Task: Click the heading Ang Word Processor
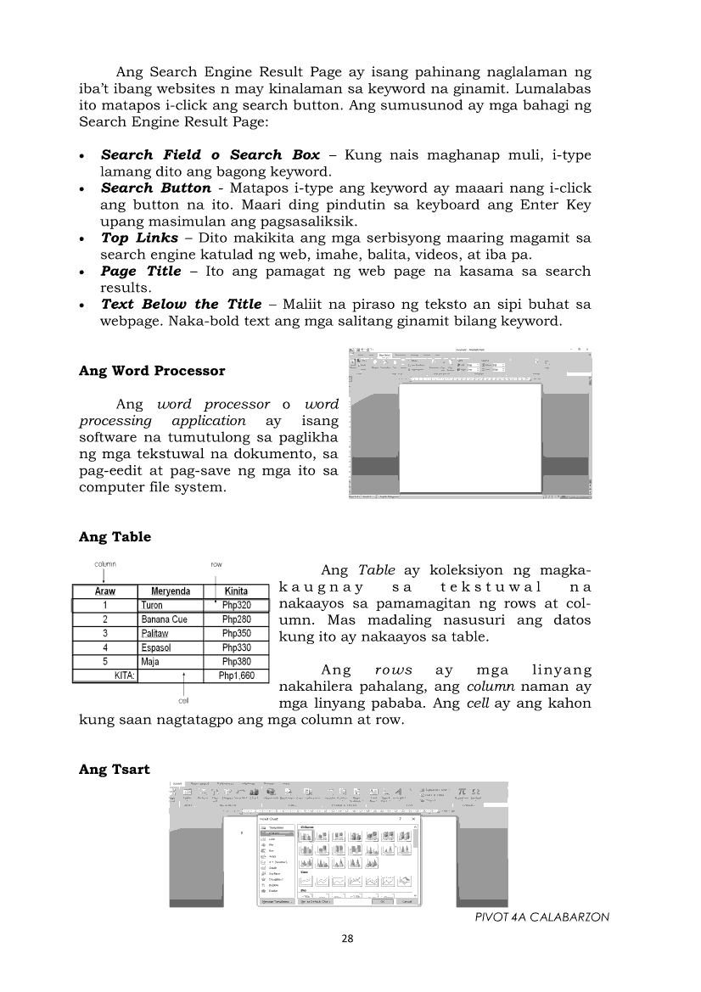(152, 371)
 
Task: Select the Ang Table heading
(115, 536)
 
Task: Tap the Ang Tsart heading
(114, 769)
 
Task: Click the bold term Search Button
(155, 188)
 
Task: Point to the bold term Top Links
(139, 238)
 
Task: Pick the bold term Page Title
(141, 271)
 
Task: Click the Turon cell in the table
(153, 606)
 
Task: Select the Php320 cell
(236, 606)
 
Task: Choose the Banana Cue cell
(165, 619)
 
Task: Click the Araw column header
(104, 591)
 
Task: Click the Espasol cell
(159, 647)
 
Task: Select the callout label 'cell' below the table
(183, 701)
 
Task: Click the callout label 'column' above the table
(104, 563)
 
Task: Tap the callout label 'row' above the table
(216, 563)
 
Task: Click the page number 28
(347, 938)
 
